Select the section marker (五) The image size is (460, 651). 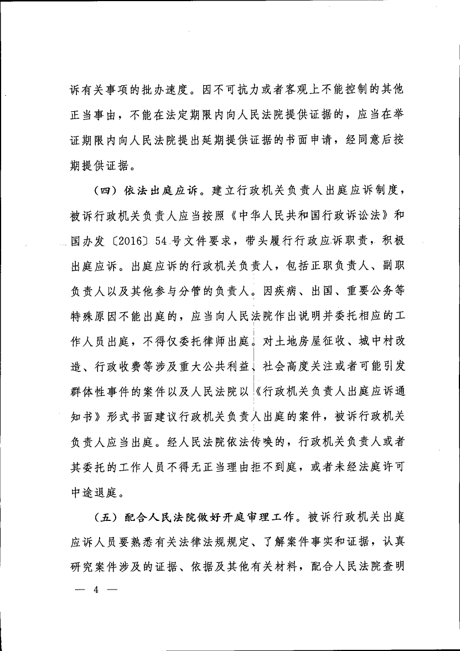[x=104, y=518]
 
